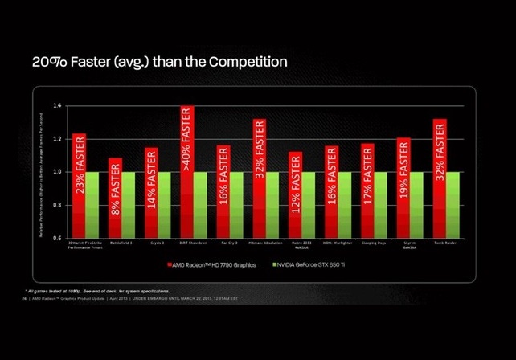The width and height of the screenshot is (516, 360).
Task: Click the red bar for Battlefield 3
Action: coord(115,198)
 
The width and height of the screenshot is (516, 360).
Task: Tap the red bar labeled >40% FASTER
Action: coord(186,172)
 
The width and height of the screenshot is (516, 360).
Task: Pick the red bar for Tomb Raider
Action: coord(439,178)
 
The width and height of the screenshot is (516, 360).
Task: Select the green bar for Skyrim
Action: coord(417,204)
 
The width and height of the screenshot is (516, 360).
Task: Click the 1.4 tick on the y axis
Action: coord(57,105)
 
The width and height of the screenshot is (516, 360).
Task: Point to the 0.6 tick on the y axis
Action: coord(57,238)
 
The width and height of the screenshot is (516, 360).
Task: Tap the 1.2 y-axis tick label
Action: coord(57,138)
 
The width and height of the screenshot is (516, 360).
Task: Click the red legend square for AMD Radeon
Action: coord(171,264)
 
